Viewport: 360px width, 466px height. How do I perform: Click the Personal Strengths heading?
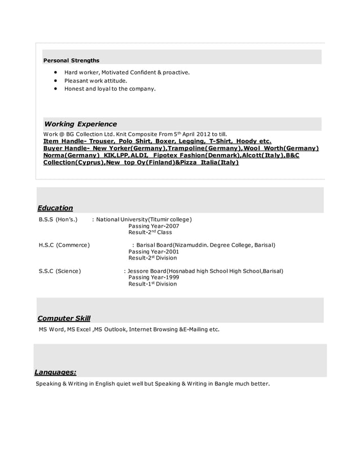(x=72, y=60)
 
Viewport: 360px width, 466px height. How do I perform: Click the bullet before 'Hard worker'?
(x=56, y=73)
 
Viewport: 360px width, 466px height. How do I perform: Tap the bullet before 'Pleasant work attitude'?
(x=56, y=81)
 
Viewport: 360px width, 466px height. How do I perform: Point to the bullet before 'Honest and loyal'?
(x=56, y=89)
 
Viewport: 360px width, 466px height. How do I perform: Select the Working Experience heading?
(x=81, y=124)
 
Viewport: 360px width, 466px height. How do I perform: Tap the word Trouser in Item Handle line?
(x=99, y=141)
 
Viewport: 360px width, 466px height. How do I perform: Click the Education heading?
(x=55, y=208)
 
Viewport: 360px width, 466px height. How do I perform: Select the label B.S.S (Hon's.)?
(x=58, y=219)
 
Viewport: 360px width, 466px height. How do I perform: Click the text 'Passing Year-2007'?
(x=153, y=226)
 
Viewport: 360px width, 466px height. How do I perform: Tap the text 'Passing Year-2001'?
(x=153, y=252)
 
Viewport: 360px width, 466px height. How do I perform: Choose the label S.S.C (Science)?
(x=60, y=271)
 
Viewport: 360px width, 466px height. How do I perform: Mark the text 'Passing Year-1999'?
(x=153, y=278)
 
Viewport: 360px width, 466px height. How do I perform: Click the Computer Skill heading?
(x=64, y=319)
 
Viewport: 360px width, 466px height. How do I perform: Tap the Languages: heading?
(x=55, y=372)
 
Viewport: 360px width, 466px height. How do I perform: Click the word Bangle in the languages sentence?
(x=220, y=384)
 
